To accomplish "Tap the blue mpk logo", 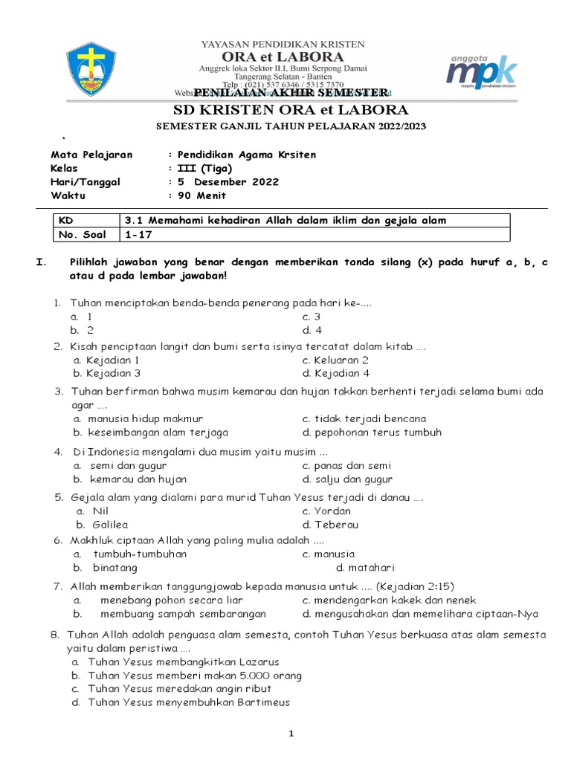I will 480,71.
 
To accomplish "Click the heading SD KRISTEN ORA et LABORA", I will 285,111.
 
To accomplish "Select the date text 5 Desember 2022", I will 228,182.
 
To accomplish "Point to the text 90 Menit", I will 201,196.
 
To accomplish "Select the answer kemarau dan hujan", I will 138,479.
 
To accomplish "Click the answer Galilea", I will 111,525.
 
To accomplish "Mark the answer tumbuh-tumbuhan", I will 140,554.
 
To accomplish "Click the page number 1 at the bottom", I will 291,734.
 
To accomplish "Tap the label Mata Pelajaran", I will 91,155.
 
